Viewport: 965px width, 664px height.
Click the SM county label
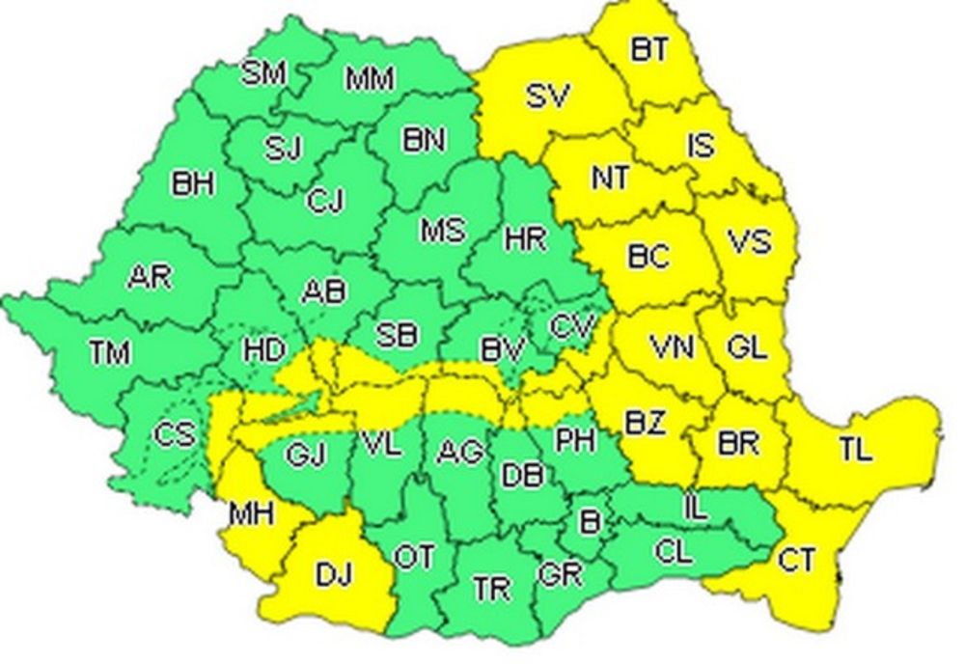click(263, 73)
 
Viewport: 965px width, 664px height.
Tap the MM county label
click(370, 78)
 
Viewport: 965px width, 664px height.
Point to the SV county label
click(547, 96)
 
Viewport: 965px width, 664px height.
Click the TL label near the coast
click(855, 448)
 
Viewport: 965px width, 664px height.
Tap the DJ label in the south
click(334, 575)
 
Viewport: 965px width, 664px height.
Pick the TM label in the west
click(109, 353)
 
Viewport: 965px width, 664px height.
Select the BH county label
click(193, 183)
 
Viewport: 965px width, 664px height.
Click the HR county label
click(525, 237)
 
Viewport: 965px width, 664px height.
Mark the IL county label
click(693, 503)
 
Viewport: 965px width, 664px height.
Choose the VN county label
click(671, 346)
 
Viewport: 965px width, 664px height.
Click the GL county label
click(747, 348)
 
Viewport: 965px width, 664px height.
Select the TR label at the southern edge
click(492, 588)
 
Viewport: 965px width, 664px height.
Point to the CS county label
click(174, 435)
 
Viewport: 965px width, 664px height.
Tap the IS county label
click(701, 145)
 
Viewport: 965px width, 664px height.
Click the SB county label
click(397, 335)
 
